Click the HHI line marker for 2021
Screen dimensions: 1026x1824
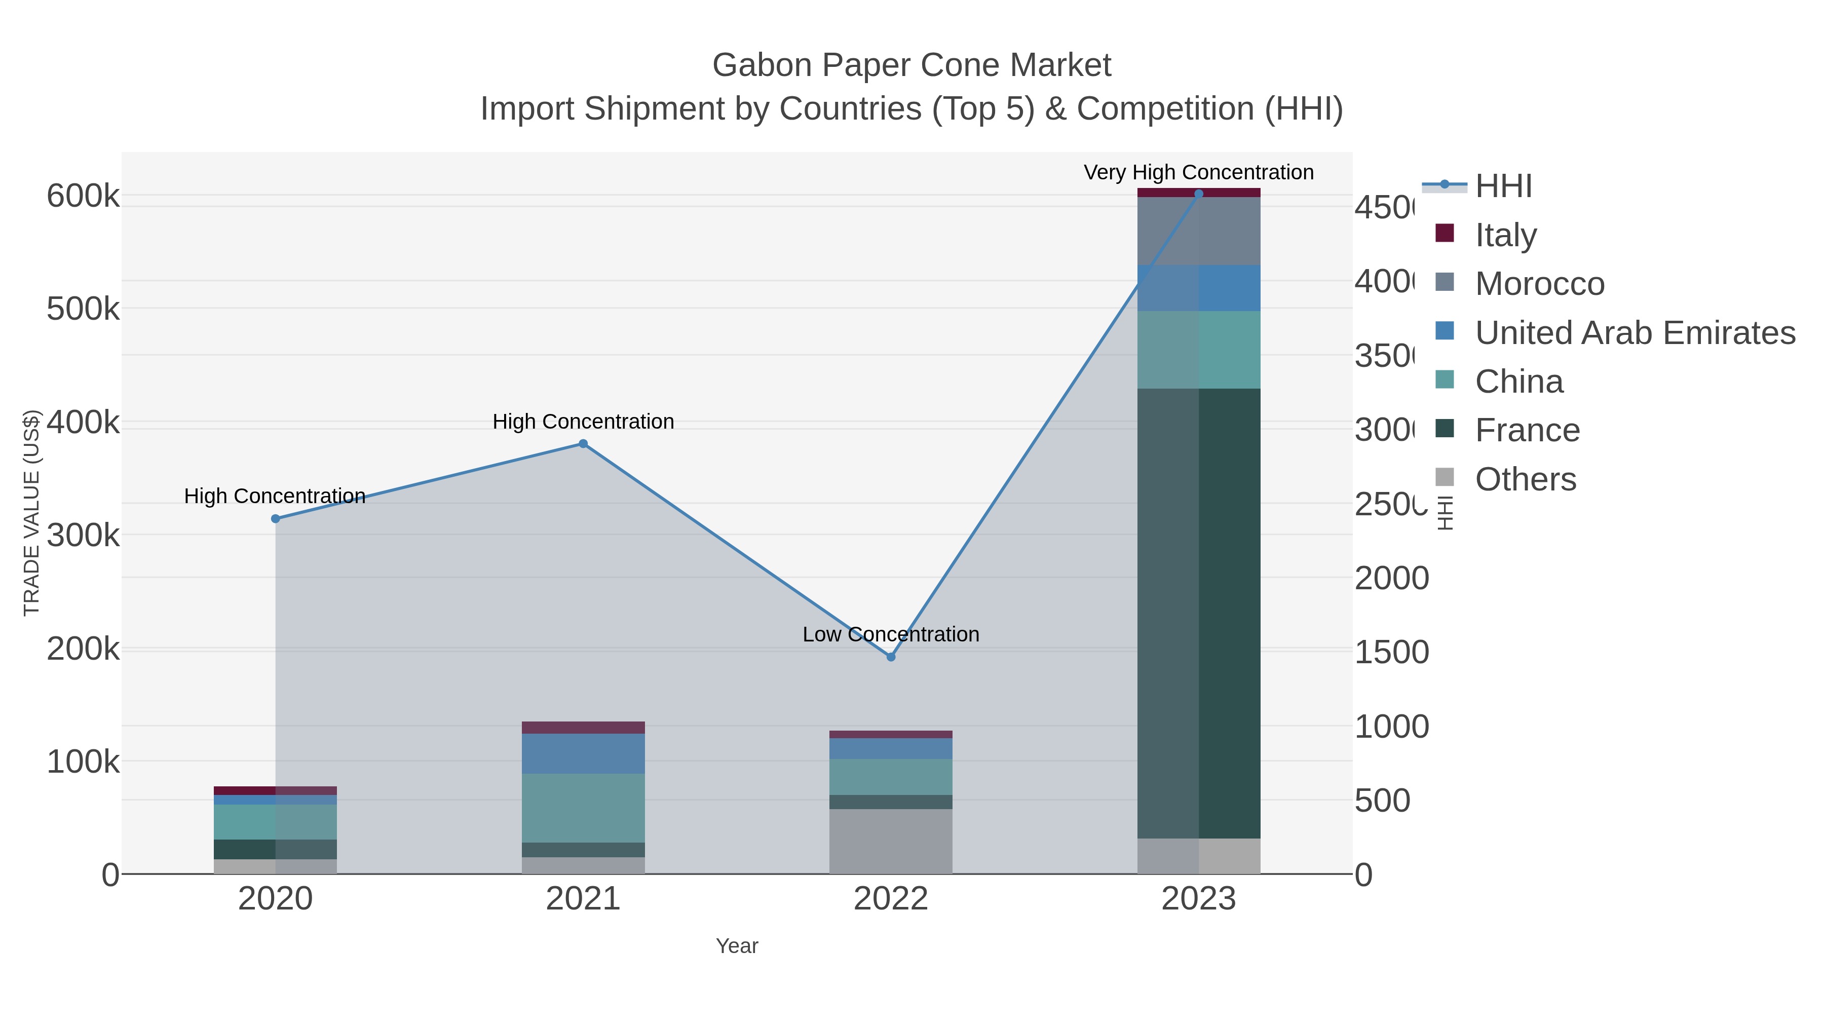[583, 444]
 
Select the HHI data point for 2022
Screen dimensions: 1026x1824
[891, 657]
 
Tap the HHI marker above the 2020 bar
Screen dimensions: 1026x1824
[276, 519]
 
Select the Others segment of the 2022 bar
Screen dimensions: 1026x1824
[891, 841]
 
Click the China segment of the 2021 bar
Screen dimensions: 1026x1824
[583, 808]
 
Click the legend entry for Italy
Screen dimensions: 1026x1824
[1505, 235]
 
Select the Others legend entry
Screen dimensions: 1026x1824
[1525, 479]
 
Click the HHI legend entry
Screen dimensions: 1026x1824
[1503, 186]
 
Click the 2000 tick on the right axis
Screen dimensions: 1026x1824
[1391, 579]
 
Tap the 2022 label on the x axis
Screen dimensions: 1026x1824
[891, 899]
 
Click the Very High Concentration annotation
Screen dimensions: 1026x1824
[1198, 172]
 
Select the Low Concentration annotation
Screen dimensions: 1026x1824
[891, 634]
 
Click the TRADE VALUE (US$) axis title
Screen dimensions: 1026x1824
[32, 513]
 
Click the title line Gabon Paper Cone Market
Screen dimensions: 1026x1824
[911, 65]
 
